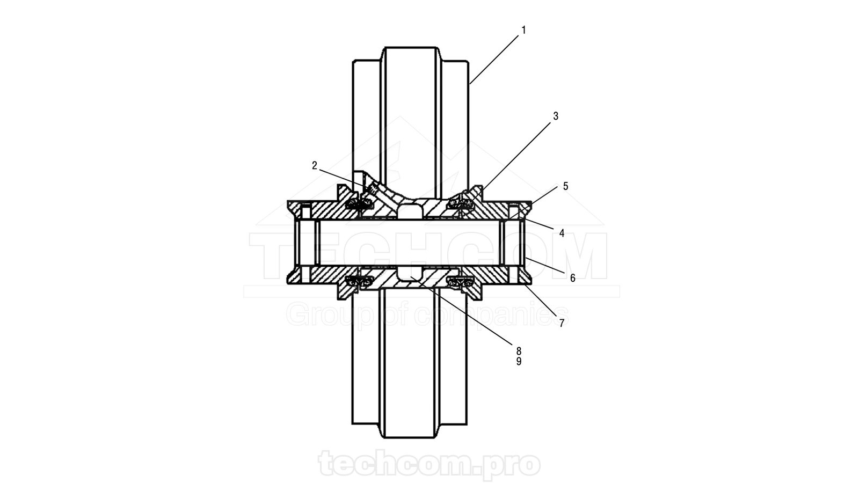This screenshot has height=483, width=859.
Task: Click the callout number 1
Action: (523, 30)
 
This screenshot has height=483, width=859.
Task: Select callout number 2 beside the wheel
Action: (315, 166)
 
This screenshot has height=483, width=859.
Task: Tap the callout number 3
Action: (556, 116)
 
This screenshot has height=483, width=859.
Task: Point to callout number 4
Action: (562, 233)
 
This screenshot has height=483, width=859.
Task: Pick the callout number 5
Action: (566, 186)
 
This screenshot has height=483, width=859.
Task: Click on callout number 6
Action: (572, 278)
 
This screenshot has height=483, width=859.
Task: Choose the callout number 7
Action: (562, 323)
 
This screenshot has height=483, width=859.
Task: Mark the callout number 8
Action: (519, 351)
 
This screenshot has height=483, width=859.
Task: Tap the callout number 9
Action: (519, 361)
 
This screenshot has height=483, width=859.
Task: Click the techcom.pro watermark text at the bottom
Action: (429, 464)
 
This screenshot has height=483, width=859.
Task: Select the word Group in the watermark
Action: (330, 316)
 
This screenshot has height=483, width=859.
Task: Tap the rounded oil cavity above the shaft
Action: (410, 210)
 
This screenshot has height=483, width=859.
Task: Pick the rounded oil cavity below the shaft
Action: (410, 273)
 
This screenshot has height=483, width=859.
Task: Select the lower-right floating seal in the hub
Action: (461, 282)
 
